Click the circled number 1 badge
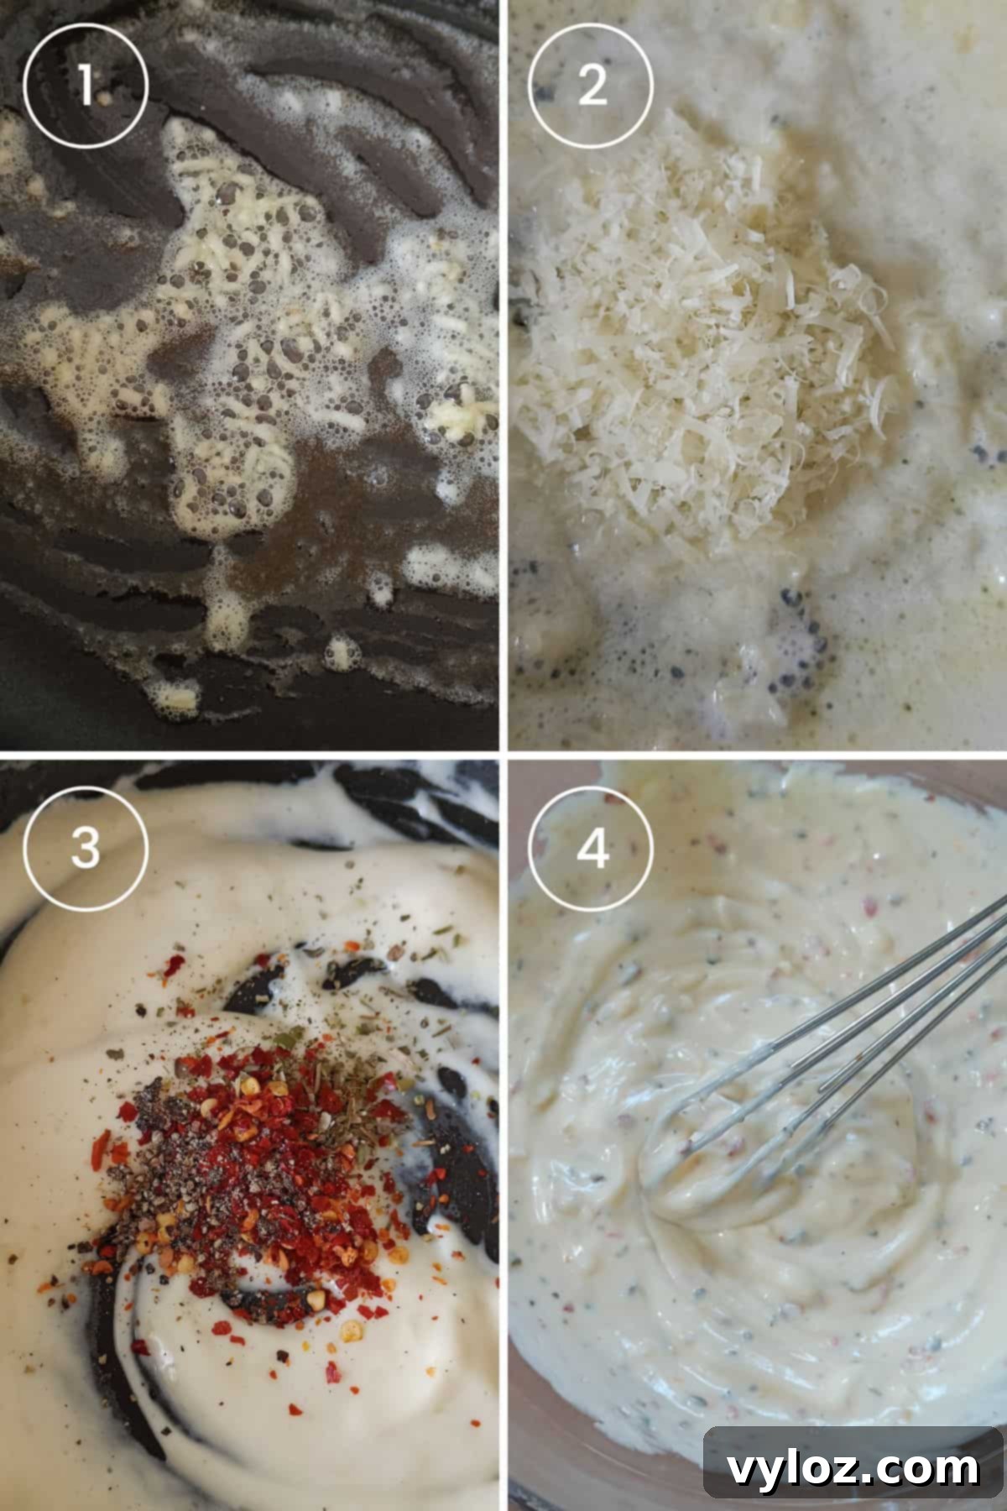[x=86, y=85]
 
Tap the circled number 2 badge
[x=591, y=85]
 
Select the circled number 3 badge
[x=86, y=848]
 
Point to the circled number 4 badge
[x=591, y=848]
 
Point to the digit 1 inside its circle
[x=86, y=85]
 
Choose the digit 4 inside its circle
[x=591, y=848]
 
